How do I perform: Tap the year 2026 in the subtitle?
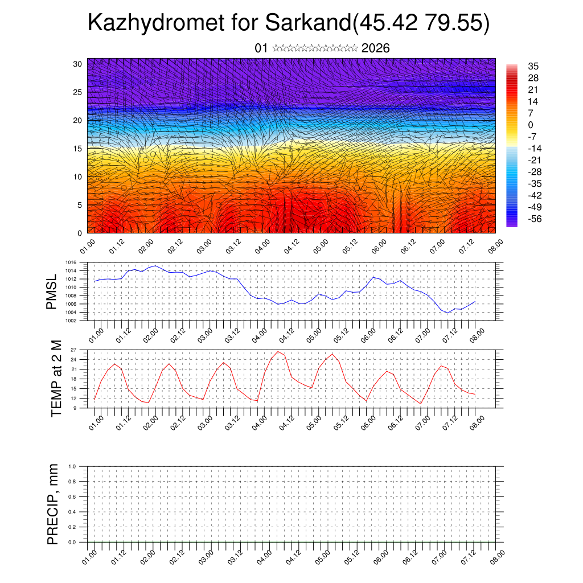[375, 48]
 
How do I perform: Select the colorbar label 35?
[533, 66]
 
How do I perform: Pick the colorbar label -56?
[535, 219]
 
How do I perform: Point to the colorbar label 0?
[531, 125]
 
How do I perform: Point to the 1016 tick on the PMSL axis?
[71, 263]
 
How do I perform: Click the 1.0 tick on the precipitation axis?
[72, 466]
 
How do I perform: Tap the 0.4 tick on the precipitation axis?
[72, 512]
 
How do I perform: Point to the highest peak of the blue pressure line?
[155, 265]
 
